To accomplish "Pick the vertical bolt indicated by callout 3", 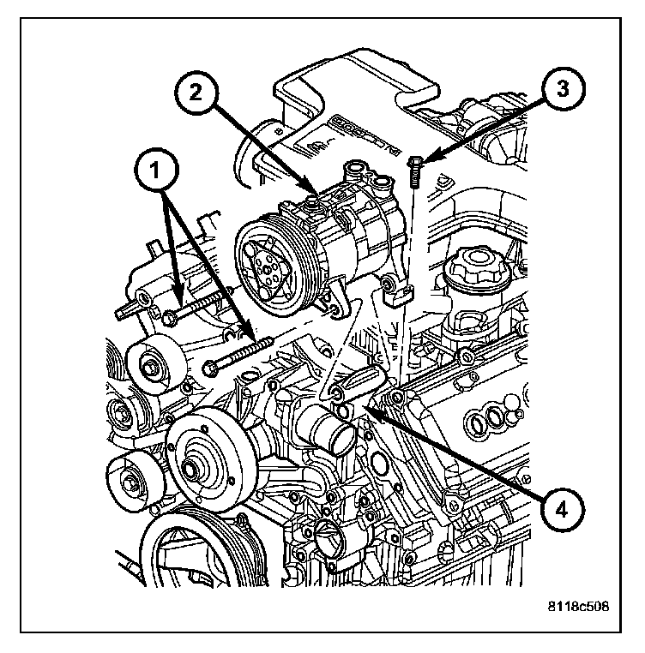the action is (x=414, y=171).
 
